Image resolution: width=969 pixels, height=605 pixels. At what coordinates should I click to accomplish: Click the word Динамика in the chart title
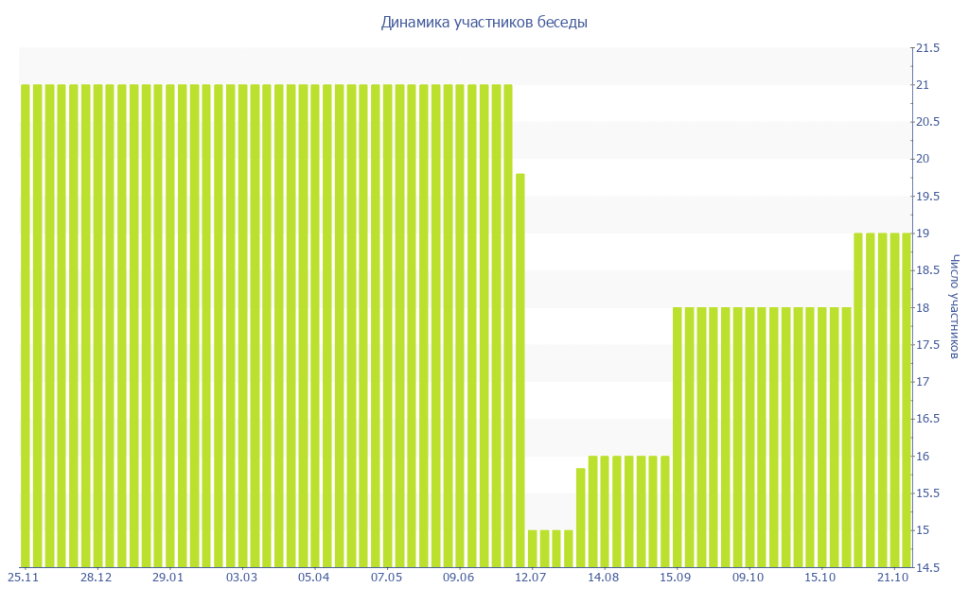coord(414,22)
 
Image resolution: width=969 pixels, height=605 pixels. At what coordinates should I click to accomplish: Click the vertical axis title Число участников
coord(956,306)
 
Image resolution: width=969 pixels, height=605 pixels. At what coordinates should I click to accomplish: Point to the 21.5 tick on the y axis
coord(926,48)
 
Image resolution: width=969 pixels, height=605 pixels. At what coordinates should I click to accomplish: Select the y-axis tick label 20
coord(923,159)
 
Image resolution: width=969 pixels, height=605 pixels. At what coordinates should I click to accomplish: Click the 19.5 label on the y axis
coord(926,197)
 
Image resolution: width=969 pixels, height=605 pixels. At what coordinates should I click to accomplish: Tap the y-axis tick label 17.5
coord(926,345)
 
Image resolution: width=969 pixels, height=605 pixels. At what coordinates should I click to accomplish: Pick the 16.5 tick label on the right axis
coord(926,419)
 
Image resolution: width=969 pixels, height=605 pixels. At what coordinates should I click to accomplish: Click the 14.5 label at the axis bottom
coord(926,567)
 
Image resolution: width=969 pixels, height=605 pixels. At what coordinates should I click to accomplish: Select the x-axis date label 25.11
coord(24,577)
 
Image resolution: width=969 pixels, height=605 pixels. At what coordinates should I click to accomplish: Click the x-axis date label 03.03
coord(241,577)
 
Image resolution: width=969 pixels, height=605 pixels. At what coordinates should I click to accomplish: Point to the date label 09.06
coord(458,577)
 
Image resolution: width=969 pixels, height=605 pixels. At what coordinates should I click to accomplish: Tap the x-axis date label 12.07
coord(531,577)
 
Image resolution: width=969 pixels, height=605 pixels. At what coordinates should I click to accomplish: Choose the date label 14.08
coord(603,577)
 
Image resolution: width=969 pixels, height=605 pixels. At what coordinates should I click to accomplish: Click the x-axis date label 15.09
coord(676,577)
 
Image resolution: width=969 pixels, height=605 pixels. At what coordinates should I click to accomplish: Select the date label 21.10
coord(893,577)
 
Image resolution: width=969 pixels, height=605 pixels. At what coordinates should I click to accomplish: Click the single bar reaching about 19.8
coord(520,369)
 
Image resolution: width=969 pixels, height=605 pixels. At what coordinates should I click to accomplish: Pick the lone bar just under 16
coord(580,517)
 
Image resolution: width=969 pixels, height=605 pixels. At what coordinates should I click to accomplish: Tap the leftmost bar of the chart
coord(26,326)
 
